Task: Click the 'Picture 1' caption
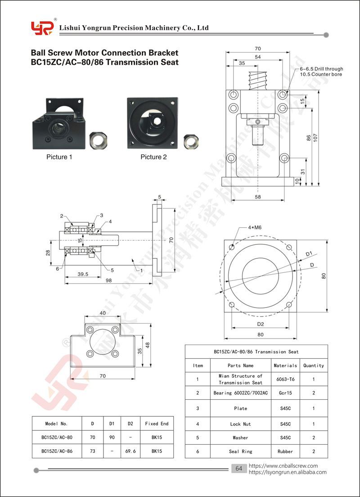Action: click(59, 157)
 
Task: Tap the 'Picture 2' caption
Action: click(154, 157)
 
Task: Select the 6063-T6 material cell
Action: click(286, 379)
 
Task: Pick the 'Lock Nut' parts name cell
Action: click(241, 424)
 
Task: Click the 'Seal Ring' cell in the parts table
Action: click(241, 452)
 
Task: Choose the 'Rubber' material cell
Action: click(285, 452)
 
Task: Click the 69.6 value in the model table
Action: click(130, 451)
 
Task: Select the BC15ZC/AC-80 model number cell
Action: click(57, 438)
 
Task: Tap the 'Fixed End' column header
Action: click(157, 424)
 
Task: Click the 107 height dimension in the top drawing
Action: click(315, 137)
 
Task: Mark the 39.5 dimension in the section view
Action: click(83, 274)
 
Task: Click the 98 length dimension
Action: click(108, 280)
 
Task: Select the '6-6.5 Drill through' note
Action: click(321, 69)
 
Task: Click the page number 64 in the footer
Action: click(239, 469)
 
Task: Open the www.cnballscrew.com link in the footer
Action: click(283, 466)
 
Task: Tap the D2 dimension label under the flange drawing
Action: click(261, 324)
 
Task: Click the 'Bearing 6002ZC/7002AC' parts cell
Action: click(241, 393)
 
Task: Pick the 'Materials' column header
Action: click(286, 366)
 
